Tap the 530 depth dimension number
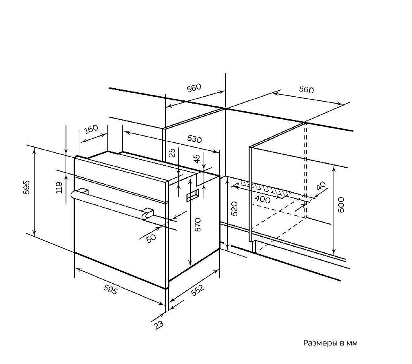click(x=194, y=139)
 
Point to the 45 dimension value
click(x=196, y=158)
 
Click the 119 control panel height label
click(x=59, y=187)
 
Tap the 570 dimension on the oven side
click(x=198, y=225)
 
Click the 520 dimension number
click(x=234, y=208)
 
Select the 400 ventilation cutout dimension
click(x=262, y=200)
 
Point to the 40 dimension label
click(x=321, y=185)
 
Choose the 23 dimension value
click(x=159, y=324)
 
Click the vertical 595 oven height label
click(x=27, y=187)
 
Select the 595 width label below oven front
click(x=110, y=290)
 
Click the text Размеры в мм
click(x=330, y=343)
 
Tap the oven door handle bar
click(x=110, y=205)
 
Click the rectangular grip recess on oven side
click(x=193, y=196)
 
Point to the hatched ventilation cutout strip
click(x=266, y=188)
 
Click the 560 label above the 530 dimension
click(x=194, y=88)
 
